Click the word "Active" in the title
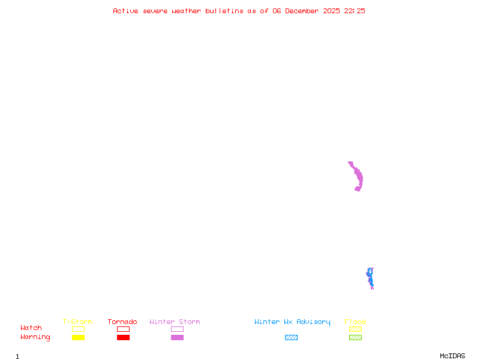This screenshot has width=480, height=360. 126,11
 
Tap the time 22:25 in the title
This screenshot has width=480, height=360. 355,11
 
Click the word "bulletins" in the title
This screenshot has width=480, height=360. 224,11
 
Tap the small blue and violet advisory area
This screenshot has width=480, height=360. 370,278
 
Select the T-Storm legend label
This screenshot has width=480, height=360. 77,322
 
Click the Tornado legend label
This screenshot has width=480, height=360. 122,322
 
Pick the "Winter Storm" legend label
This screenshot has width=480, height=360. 175,322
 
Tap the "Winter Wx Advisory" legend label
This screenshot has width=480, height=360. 292,322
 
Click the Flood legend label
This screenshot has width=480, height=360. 355,322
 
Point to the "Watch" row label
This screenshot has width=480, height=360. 31,328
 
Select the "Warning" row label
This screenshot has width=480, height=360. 35,337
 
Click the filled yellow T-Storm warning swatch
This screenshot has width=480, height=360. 78,337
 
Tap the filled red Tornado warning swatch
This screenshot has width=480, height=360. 123,337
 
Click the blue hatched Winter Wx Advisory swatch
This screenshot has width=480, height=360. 291,337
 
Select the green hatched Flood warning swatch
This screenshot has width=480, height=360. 355,337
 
